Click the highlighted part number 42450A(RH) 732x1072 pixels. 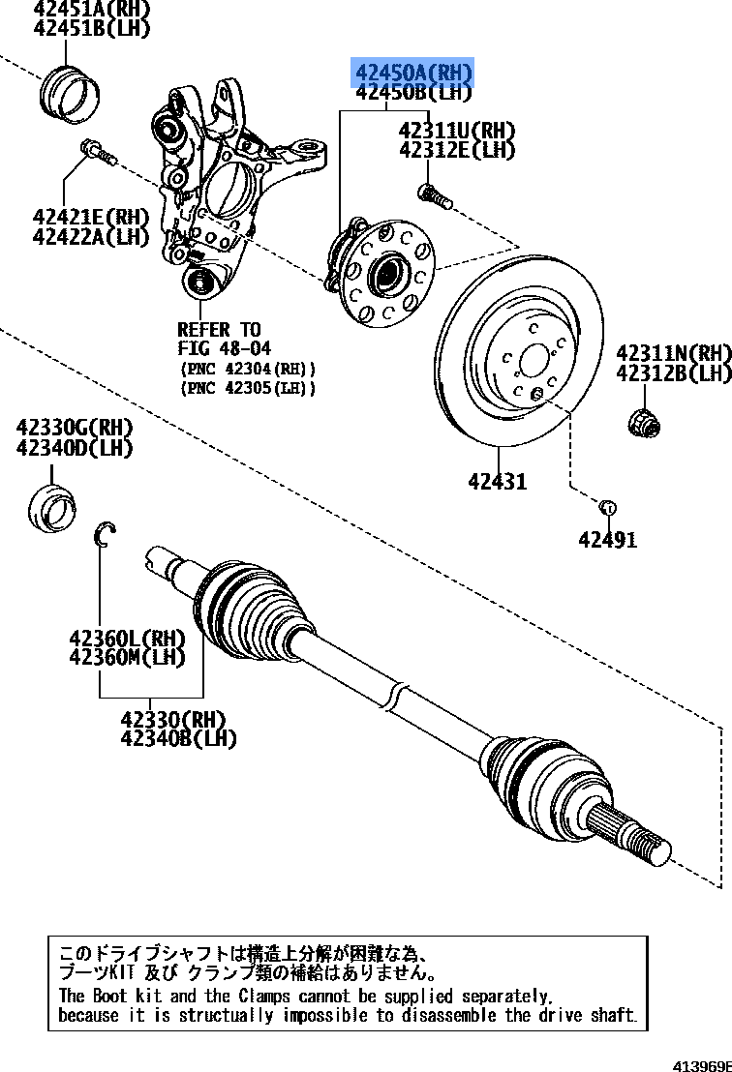point(412,73)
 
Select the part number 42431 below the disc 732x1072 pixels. point(498,480)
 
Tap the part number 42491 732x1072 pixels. point(608,539)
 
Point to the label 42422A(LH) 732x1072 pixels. point(91,236)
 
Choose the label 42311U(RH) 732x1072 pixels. point(457,131)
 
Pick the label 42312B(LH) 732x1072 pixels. point(673,372)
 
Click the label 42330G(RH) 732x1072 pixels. point(75,428)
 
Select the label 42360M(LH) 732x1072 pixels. point(127,658)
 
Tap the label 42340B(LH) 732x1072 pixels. point(179,739)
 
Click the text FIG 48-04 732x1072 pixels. point(225,348)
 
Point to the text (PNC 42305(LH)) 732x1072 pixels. point(248,388)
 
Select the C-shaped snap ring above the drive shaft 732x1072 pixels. point(105,533)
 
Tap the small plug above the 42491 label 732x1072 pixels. point(607,506)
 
